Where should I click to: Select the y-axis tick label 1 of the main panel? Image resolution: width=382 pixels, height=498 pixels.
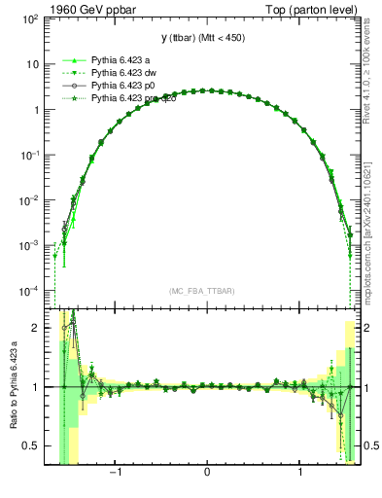[x=37, y=110]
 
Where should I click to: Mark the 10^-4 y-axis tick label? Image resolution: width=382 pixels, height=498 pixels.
[x=31, y=291]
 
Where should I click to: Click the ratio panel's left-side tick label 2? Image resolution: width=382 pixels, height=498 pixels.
[x=37, y=329]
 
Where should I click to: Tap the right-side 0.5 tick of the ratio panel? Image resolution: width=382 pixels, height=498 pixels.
[x=369, y=445]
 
